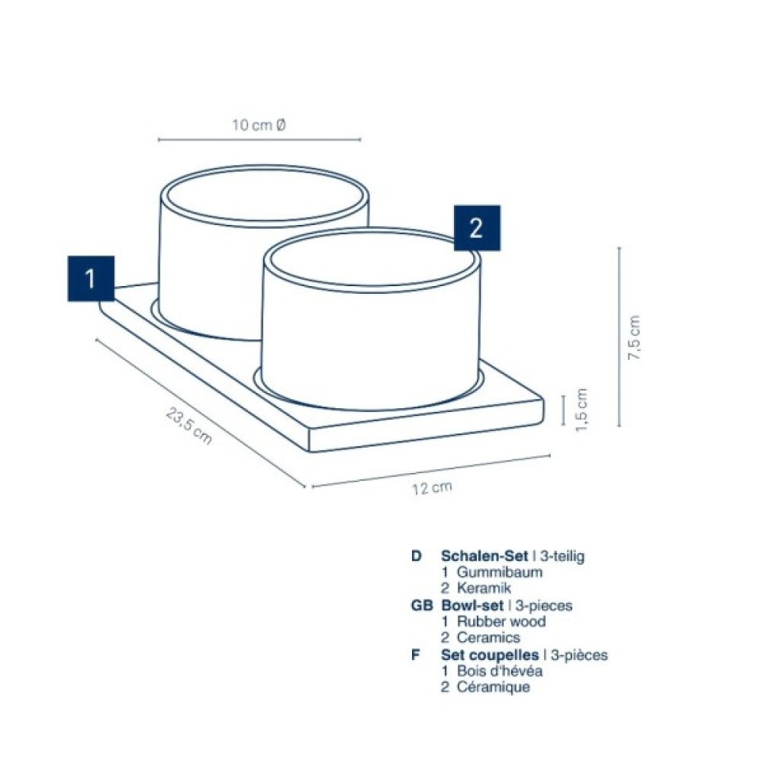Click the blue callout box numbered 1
click(x=91, y=278)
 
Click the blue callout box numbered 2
click(x=477, y=227)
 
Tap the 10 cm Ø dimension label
click(x=259, y=125)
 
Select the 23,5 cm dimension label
click(x=189, y=427)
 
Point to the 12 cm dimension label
click(x=432, y=488)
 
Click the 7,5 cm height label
click(x=634, y=338)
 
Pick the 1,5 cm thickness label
click(x=581, y=410)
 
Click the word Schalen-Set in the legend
click(x=485, y=555)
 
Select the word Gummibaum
click(x=499, y=571)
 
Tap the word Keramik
click(x=484, y=588)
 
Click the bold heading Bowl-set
click(x=472, y=605)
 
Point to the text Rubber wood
click(x=501, y=621)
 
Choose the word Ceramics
click(x=488, y=637)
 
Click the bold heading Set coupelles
click(x=490, y=655)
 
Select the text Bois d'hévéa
click(x=499, y=671)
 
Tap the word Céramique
click(x=493, y=687)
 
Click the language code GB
click(x=421, y=605)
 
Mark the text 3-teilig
click(x=562, y=555)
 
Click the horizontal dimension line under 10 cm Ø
click(x=259, y=140)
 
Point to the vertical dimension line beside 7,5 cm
click(x=619, y=336)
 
